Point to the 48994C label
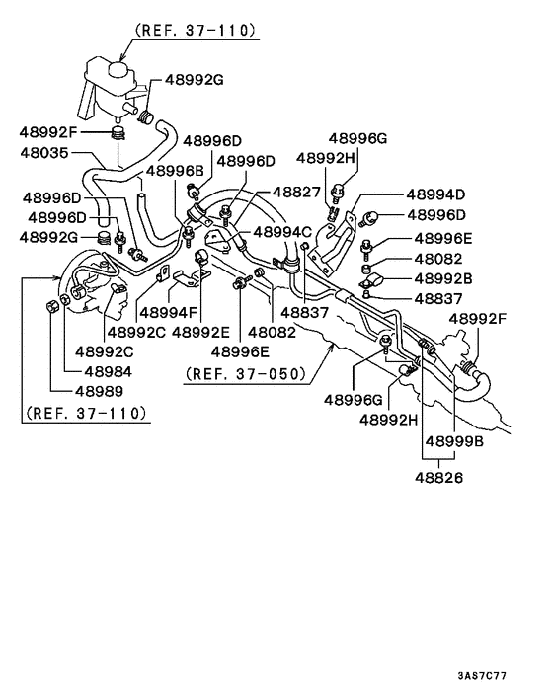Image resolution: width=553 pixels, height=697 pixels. pyautogui.click(x=282, y=231)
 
